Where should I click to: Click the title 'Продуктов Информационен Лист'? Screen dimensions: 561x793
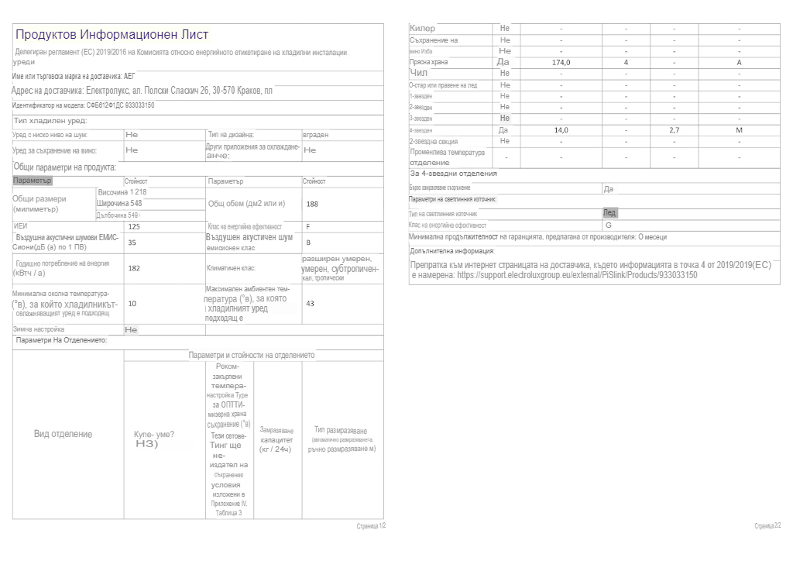112,35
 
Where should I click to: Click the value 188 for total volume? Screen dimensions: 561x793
312,204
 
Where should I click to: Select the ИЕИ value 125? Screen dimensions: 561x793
134,226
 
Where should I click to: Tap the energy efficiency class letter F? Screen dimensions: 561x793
308,226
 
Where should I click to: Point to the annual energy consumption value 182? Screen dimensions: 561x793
134,268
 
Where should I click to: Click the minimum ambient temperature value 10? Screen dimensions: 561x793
132,303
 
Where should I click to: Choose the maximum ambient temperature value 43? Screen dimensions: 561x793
311,303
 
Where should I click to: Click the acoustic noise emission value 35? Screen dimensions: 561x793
132,242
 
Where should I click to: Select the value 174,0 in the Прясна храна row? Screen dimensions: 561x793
561,62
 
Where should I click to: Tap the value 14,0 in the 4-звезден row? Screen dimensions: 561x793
561,130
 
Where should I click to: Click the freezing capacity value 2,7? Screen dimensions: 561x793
674,130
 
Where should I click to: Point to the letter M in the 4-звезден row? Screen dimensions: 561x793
739,130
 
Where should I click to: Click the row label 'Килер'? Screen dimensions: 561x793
422,29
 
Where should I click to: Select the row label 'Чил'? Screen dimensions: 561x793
418,73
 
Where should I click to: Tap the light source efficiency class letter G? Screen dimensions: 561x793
608,225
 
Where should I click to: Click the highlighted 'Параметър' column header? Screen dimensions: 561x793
33,181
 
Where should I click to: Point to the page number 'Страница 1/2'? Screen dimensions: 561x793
371,525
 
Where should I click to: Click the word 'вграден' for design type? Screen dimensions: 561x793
316,135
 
